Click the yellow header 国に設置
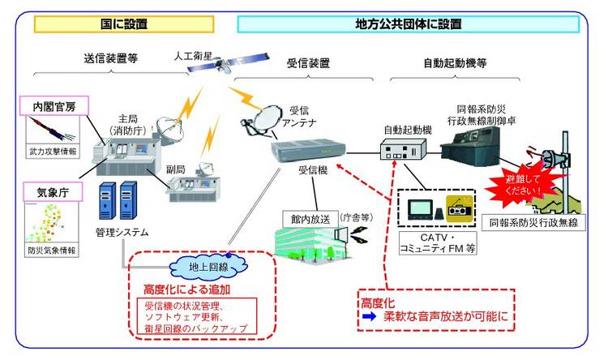(124, 24)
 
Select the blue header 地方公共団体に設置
(409, 24)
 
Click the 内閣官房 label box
(54, 105)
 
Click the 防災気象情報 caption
(51, 251)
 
